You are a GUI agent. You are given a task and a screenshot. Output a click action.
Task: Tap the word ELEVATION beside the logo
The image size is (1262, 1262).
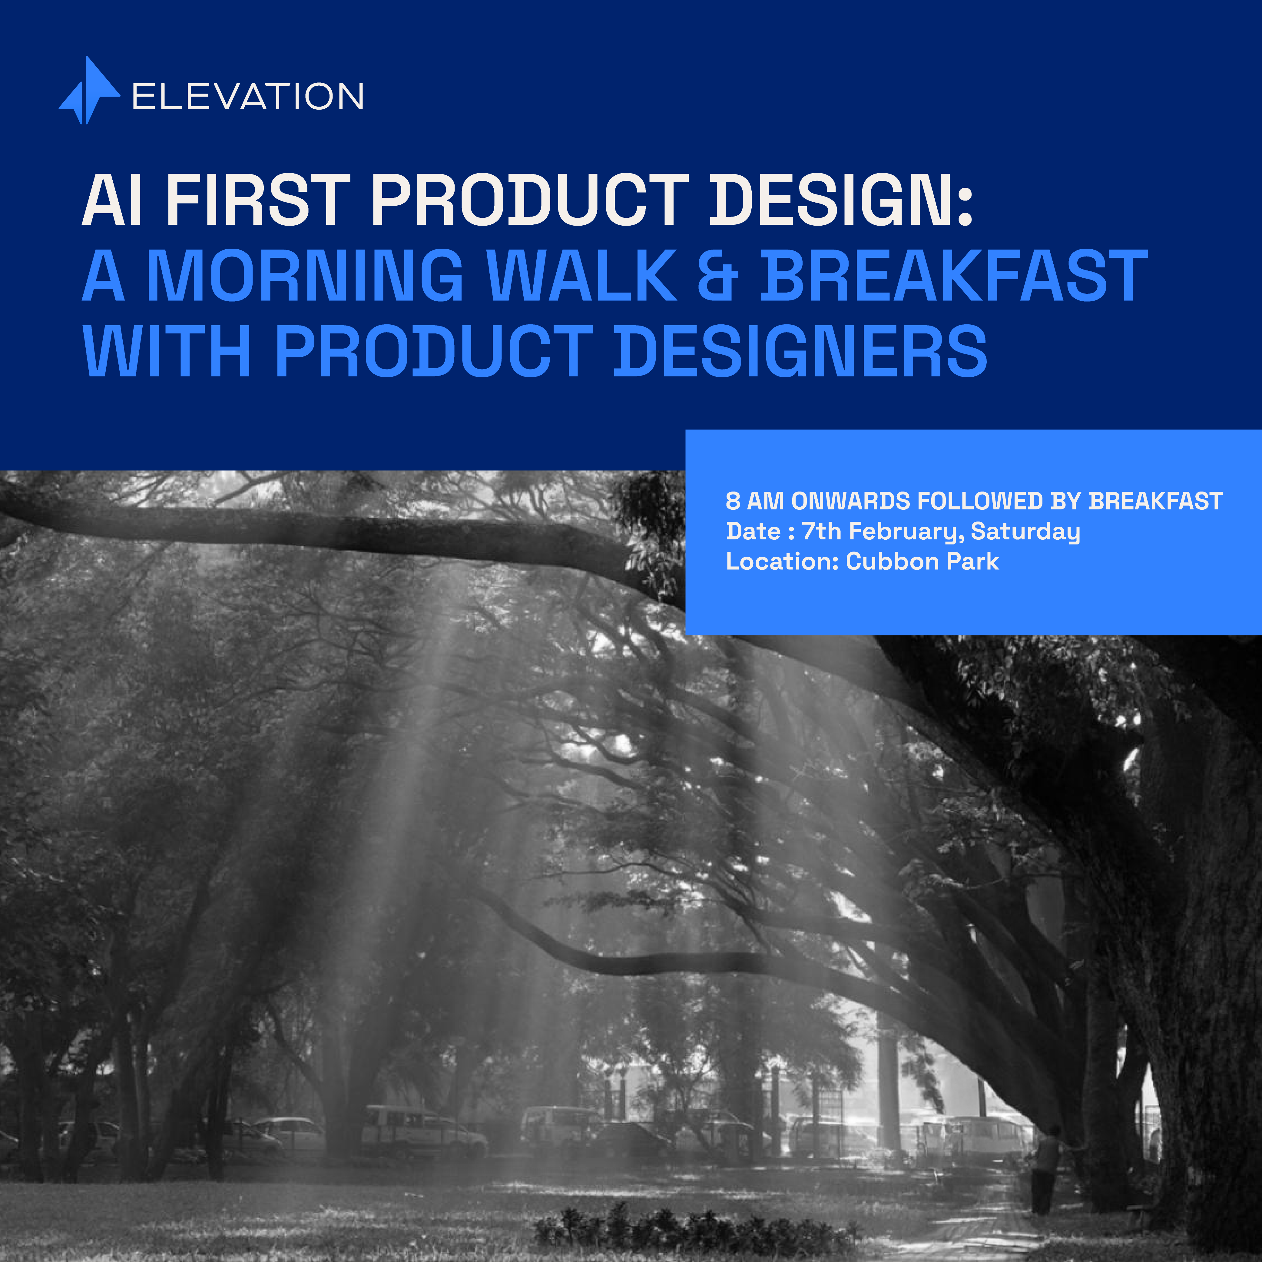coord(247,97)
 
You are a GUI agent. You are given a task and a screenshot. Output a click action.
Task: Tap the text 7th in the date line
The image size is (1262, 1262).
coord(821,531)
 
